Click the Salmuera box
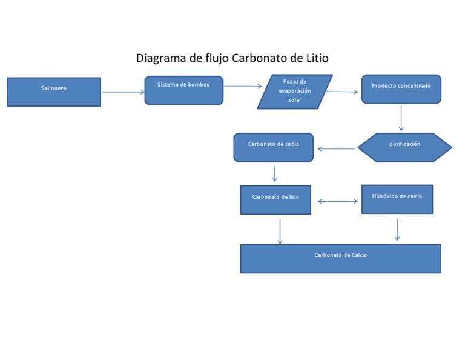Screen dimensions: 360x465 click(54, 92)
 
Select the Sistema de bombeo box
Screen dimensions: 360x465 click(183, 90)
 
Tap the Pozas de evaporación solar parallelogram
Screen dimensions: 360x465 click(295, 92)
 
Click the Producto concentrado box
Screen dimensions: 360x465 click(401, 89)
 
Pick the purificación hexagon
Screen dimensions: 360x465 click(404, 147)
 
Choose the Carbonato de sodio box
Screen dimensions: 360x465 click(273, 147)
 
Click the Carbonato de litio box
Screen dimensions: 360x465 click(275, 199)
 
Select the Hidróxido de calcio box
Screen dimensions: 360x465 click(397, 199)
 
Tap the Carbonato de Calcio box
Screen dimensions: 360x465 click(340, 258)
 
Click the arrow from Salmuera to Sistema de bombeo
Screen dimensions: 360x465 click(124, 92)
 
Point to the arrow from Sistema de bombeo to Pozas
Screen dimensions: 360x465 click(242, 87)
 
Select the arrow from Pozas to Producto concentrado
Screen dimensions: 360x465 click(342, 92)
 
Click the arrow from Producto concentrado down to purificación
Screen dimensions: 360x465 click(401, 119)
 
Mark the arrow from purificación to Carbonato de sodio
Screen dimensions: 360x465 click(336, 148)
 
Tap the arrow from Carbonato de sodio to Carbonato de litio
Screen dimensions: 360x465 click(275, 174)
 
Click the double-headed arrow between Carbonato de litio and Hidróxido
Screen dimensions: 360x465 click(337, 201)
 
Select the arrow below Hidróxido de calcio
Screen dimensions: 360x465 click(397, 230)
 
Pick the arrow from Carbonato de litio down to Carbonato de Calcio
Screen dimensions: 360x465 click(280, 232)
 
